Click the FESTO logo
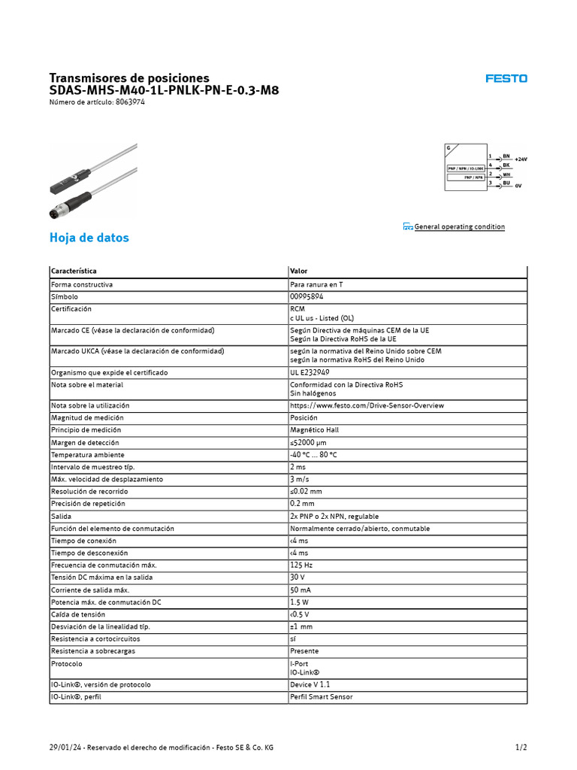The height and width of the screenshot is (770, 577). pyautogui.click(x=506, y=78)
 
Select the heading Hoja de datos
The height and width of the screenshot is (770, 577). pyautogui.click(x=89, y=238)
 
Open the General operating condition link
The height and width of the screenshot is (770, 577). pyautogui.click(x=459, y=226)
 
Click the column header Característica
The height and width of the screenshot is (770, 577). pyautogui.click(x=74, y=271)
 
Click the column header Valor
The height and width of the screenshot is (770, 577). pyautogui.click(x=298, y=271)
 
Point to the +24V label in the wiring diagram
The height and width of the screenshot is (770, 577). pyautogui.click(x=521, y=159)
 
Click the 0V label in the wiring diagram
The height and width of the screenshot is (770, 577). pyautogui.click(x=518, y=185)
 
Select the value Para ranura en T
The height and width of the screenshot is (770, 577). pyautogui.click(x=316, y=285)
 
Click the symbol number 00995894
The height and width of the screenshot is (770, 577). pyautogui.click(x=307, y=297)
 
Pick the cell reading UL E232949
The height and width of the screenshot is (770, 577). pyautogui.click(x=310, y=372)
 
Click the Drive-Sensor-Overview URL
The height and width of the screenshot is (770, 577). pyautogui.click(x=367, y=405)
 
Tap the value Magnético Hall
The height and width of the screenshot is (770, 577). pyautogui.click(x=314, y=430)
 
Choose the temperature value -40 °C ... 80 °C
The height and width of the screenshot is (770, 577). pyautogui.click(x=313, y=455)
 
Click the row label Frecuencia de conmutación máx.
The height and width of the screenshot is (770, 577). pyautogui.click(x=104, y=565)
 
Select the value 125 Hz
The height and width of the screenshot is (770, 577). pyautogui.click(x=301, y=565)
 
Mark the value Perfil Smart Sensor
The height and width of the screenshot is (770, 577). pyautogui.click(x=321, y=696)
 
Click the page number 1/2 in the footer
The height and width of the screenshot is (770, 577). pyautogui.click(x=521, y=747)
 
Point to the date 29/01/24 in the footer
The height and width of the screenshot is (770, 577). pyautogui.click(x=63, y=747)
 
